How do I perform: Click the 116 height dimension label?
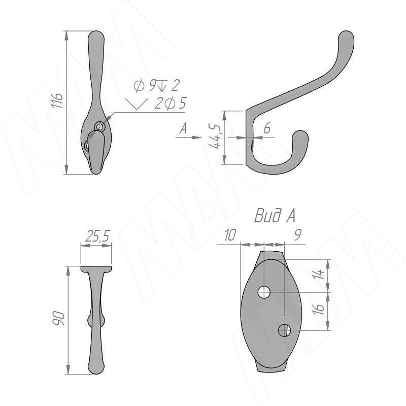click(57, 100)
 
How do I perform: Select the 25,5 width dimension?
click(97, 235)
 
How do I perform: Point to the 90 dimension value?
click(58, 318)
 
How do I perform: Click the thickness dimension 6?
click(267, 128)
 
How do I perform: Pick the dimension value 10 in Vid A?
click(230, 235)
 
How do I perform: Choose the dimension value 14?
click(318, 274)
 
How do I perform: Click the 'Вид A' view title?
click(275, 216)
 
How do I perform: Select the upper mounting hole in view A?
click(264, 292)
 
